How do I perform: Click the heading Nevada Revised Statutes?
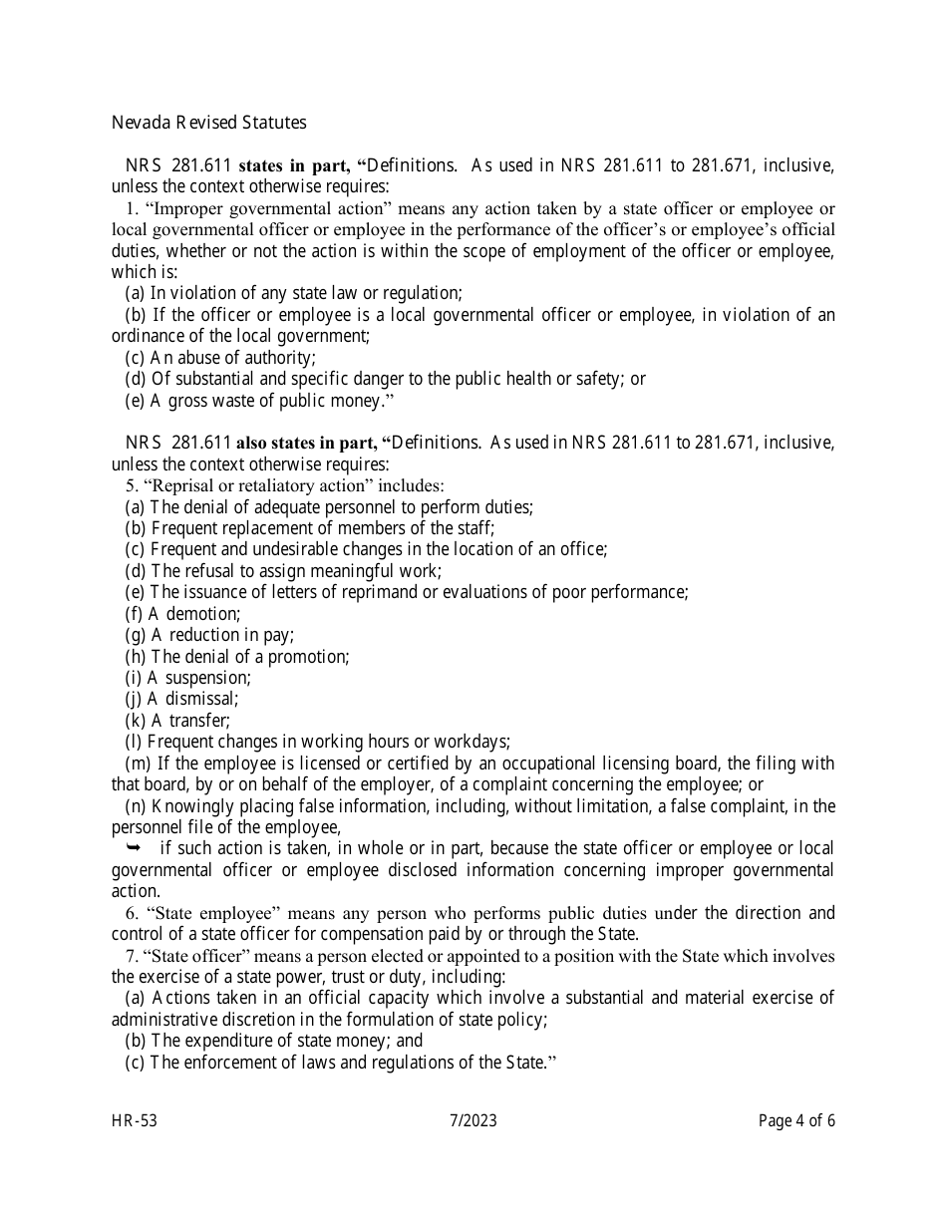point(208,123)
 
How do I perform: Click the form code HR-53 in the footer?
point(135,1120)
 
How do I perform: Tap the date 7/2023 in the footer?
point(473,1120)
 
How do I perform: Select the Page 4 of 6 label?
point(796,1120)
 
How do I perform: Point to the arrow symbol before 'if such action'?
point(135,847)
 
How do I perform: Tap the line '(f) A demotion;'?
point(182,614)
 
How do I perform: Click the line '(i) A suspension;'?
point(187,678)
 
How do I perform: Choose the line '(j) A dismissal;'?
point(181,699)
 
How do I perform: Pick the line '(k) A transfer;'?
point(177,720)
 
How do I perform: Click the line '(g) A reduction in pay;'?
point(209,635)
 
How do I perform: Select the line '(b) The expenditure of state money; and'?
point(273,1041)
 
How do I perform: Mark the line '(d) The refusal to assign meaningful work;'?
point(283,571)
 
